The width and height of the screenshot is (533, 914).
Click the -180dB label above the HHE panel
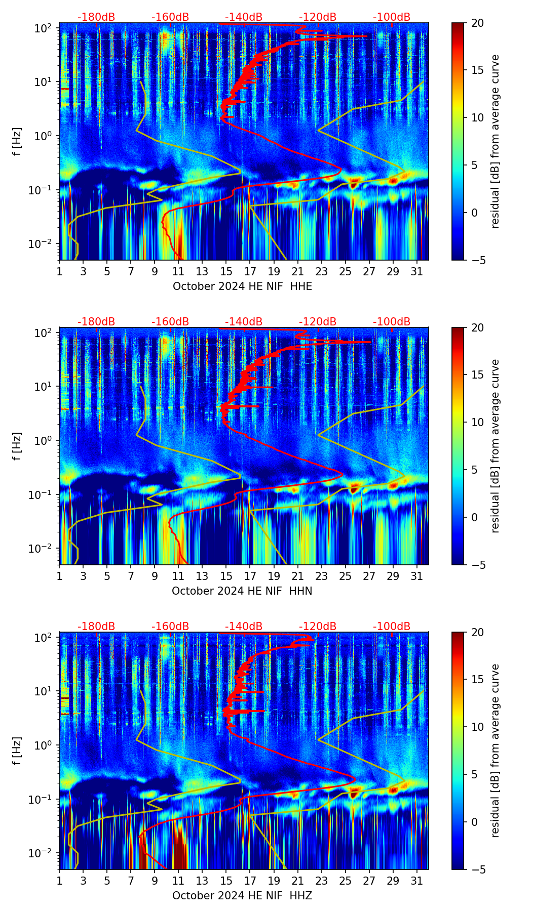[96, 17]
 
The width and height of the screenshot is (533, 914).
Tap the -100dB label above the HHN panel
[392, 322]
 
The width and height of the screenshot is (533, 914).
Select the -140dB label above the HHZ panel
[244, 627]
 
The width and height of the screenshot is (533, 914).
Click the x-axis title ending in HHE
[242, 286]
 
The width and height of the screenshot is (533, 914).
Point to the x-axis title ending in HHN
[242, 591]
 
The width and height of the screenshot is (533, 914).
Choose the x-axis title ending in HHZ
[242, 896]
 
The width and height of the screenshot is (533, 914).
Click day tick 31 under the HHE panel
[417, 271]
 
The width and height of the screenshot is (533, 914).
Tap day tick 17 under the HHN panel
[250, 576]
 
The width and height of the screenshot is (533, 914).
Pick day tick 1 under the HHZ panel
[60, 881]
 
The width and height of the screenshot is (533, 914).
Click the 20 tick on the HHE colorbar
[478, 23]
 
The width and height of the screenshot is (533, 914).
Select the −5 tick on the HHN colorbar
[478, 564]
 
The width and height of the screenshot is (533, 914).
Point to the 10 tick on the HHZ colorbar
[478, 727]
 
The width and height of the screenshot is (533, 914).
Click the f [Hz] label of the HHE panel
[17, 142]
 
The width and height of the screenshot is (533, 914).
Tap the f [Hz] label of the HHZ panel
[17, 751]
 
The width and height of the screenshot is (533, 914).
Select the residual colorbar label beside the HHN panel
[495, 446]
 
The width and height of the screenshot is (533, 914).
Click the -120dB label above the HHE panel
[318, 17]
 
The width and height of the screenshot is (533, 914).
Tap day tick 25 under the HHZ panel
[346, 881]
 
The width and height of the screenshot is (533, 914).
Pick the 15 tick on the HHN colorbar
[478, 375]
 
